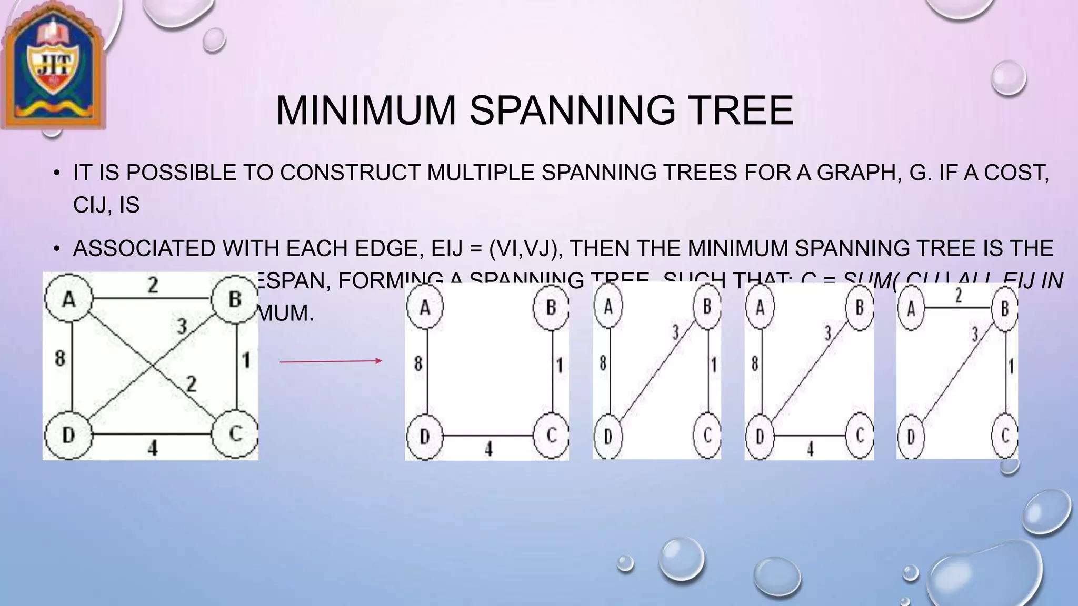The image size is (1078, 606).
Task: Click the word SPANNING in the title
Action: click(x=572, y=110)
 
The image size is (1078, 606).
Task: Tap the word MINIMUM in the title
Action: click(x=365, y=110)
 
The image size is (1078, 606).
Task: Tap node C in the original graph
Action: click(x=235, y=435)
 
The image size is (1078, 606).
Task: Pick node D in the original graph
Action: click(x=68, y=435)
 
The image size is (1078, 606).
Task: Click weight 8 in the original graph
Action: click(x=60, y=359)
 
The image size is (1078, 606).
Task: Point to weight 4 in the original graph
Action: click(x=153, y=449)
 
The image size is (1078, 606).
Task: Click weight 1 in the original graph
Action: click(x=246, y=360)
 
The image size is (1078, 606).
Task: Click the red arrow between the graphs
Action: click(x=330, y=361)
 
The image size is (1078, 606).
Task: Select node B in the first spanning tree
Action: click(x=551, y=307)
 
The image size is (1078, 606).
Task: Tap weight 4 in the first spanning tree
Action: click(x=488, y=449)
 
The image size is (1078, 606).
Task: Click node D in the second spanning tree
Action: click(x=608, y=436)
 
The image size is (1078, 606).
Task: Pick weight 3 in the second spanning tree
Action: click(x=676, y=332)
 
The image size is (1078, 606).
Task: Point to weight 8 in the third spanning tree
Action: click(x=755, y=363)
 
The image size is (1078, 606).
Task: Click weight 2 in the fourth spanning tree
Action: click(x=958, y=296)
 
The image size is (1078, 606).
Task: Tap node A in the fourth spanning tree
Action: click(x=911, y=308)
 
